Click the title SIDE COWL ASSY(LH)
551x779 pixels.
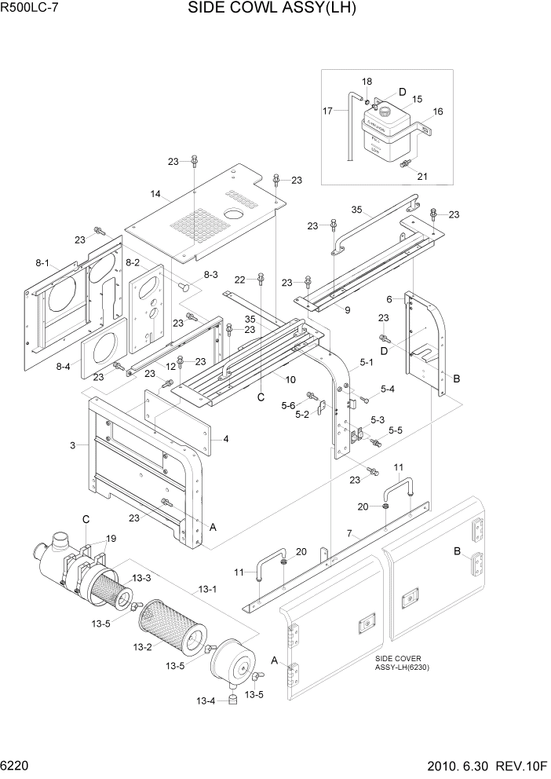(272, 9)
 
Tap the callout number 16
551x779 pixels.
(438, 112)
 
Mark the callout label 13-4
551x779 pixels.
(205, 700)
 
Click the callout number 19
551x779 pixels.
(111, 538)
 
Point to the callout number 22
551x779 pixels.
(240, 279)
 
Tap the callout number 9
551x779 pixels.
(346, 310)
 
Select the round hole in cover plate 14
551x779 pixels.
(233, 214)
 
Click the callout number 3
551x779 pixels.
(72, 445)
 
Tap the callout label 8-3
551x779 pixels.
(211, 275)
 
